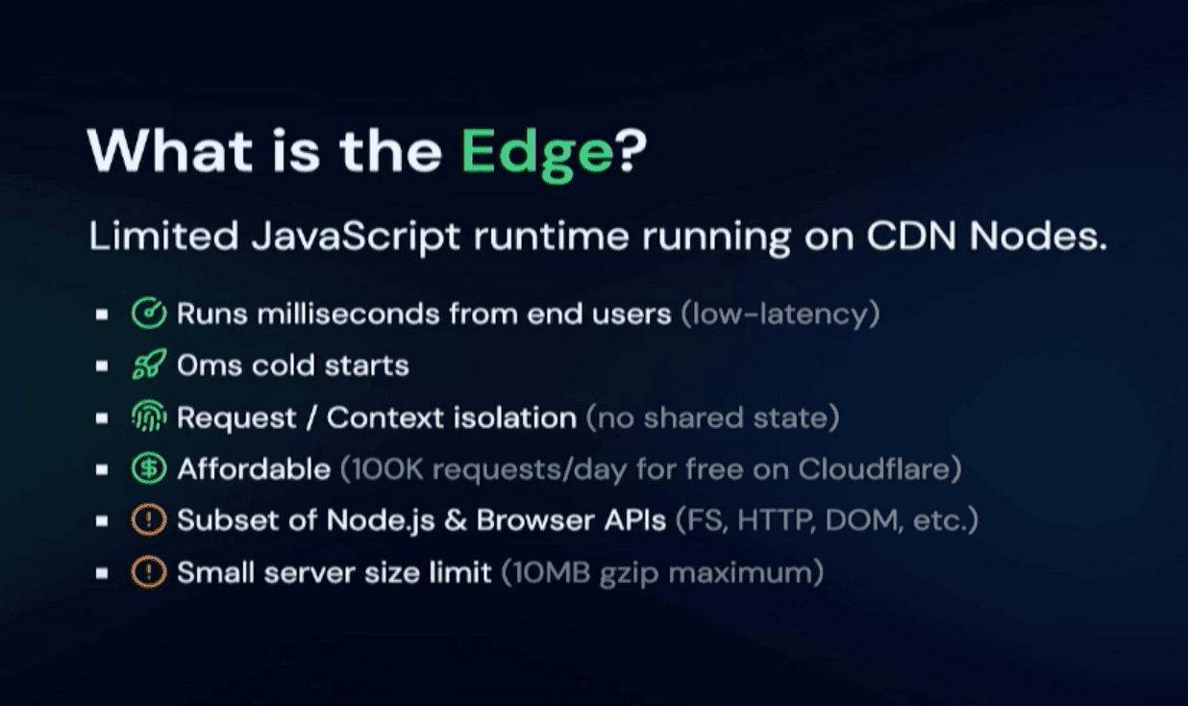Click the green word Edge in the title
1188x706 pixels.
[536, 154]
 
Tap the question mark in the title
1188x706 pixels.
[631, 150]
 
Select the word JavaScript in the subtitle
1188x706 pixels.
[356, 237]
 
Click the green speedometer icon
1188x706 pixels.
[149, 313]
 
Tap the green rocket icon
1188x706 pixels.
[149, 365]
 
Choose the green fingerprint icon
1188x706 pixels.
[149, 416]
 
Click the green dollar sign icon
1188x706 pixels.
[149, 467]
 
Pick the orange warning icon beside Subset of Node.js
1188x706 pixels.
[149, 519]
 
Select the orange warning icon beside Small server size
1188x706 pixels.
[149, 571]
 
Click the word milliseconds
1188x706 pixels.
[349, 314]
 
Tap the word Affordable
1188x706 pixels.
[254, 469]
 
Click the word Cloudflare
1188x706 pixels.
[873, 468]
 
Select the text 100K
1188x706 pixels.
[386, 469]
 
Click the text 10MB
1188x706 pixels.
[552, 572]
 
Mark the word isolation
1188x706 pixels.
[514, 417]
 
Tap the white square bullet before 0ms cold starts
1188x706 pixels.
[102, 366]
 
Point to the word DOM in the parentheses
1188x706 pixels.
[864, 520]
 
